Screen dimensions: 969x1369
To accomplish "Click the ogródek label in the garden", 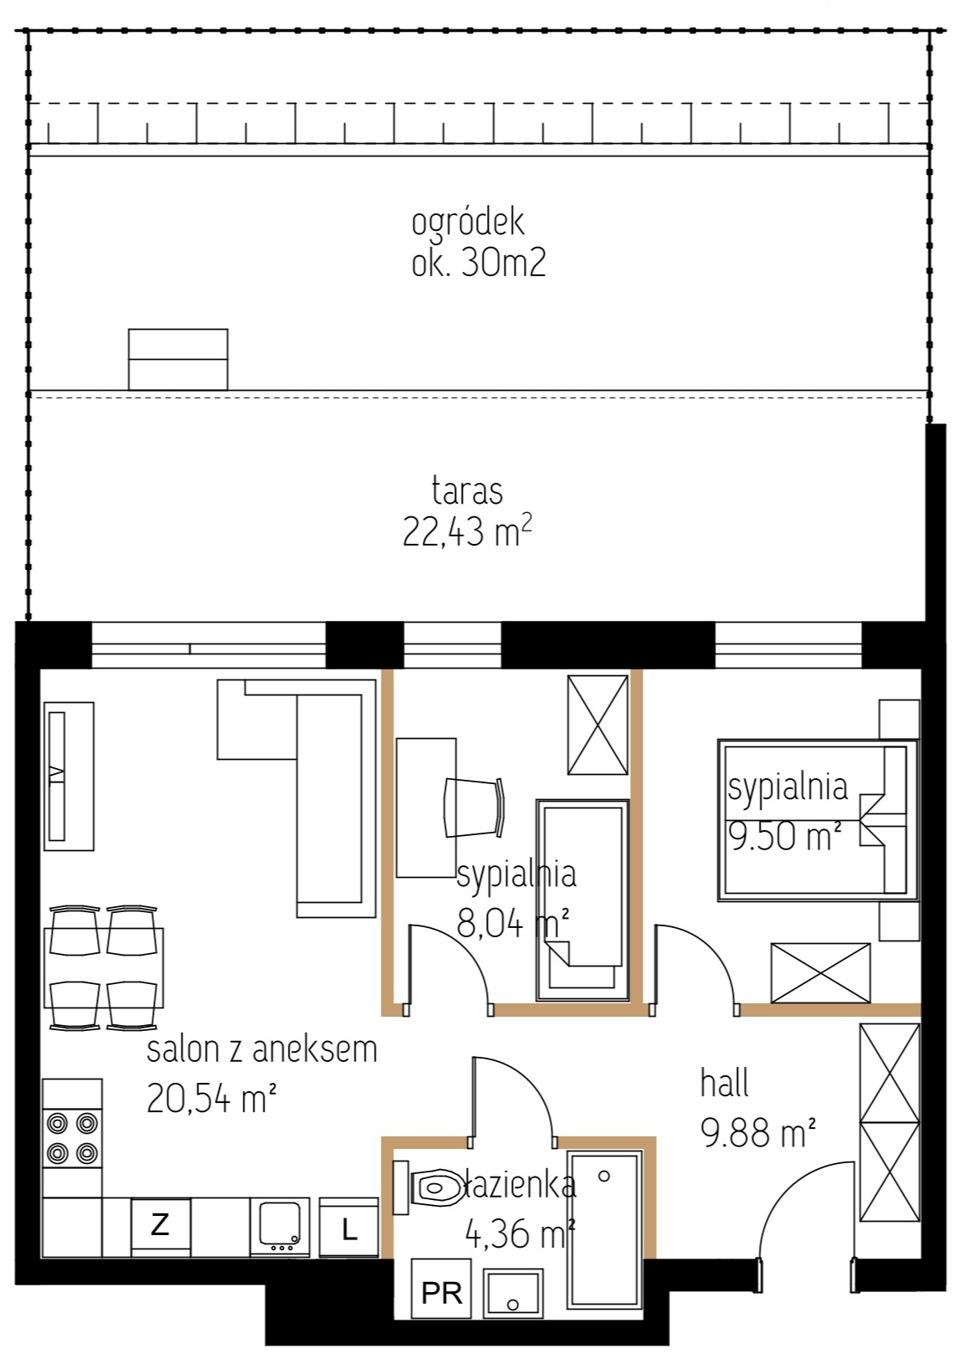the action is pos(468,224).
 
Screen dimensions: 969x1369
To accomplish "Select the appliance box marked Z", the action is pos(160,1225).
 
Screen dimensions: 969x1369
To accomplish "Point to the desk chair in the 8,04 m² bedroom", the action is pos(474,808).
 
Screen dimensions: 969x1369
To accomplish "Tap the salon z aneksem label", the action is pos(262,1050).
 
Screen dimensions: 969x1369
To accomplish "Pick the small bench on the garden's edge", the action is pos(177,359).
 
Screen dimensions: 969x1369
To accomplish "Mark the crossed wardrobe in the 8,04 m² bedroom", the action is pos(598,725).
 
